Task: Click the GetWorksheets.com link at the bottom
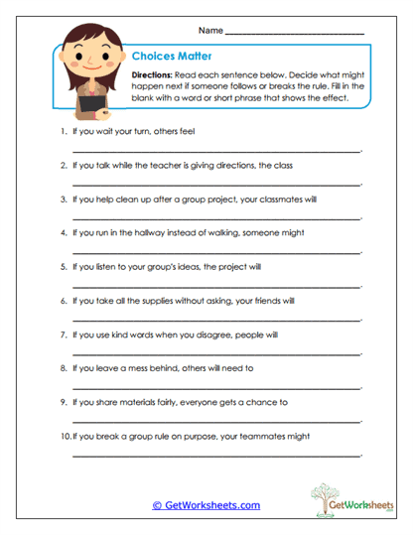[206, 505]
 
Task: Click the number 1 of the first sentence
[63, 130]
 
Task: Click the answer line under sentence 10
[216, 456]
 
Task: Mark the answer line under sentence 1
[216, 150]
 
